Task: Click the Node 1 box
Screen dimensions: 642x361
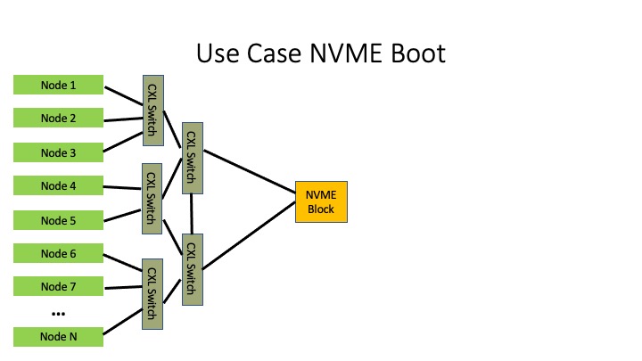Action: (58, 85)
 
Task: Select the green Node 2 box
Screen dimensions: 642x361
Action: (58, 118)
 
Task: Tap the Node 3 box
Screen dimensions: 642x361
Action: (58, 152)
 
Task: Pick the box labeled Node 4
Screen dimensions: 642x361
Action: (58, 185)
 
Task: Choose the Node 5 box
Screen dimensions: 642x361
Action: (58, 220)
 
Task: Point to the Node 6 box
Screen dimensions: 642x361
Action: (58, 253)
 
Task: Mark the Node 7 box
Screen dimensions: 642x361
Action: (58, 286)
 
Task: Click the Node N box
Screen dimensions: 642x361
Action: (58, 336)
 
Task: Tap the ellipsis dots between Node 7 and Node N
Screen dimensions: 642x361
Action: (58, 314)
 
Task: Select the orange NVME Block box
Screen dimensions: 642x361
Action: (321, 201)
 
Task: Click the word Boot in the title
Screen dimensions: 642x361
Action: (418, 53)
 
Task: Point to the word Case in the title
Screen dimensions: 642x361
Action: (274, 53)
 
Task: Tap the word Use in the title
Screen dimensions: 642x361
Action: (218, 53)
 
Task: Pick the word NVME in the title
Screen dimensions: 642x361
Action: (346, 53)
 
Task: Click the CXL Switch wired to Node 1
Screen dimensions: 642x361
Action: (153, 111)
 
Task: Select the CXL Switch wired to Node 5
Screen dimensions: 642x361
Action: (152, 199)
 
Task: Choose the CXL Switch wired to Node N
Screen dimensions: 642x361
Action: (152, 294)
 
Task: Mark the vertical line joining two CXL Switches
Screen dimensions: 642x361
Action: (192, 214)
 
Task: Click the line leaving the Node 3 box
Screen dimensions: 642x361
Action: (123, 142)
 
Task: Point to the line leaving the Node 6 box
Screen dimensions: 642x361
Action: (123, 263)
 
